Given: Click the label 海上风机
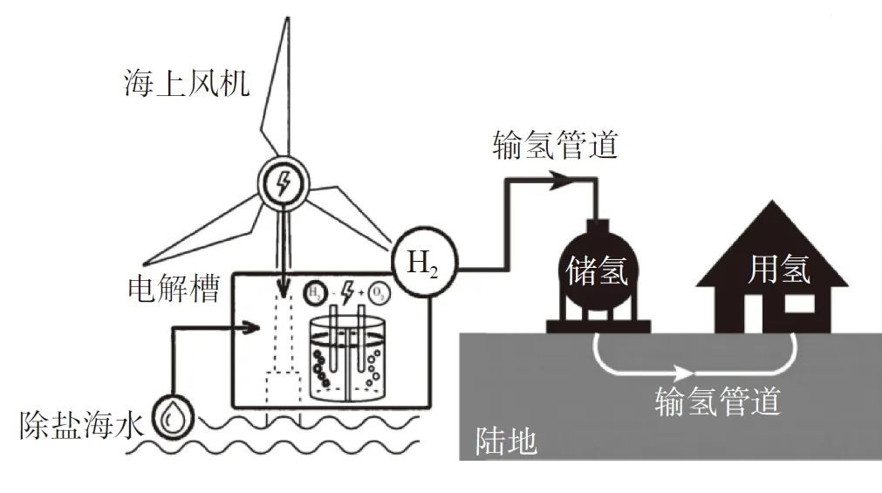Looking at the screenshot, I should (187, 85).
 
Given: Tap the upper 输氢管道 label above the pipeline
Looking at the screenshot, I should (555, 144).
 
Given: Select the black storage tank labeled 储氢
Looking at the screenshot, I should (598, 272).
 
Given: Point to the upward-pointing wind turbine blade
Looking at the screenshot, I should (279, 87).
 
